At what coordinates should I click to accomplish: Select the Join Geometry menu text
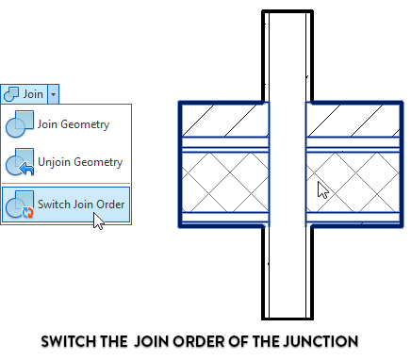pos(73,123)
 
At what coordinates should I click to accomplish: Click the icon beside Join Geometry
pos(20,123)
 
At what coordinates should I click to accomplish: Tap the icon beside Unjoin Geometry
pos(20,162)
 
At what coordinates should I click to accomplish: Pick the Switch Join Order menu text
pos(81,204)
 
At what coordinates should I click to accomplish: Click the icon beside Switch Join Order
pos(20,205)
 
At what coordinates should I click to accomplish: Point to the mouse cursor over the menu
pos(98,221)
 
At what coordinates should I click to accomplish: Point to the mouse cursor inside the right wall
pos(322,188)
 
